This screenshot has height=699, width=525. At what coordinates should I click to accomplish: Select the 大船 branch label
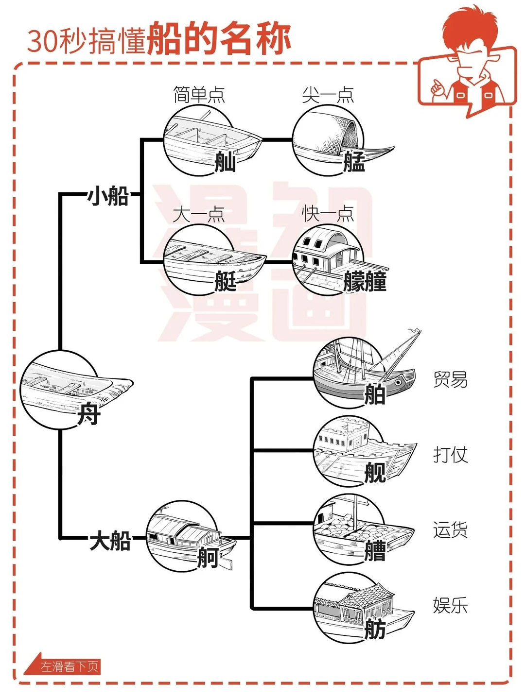click(110, 540)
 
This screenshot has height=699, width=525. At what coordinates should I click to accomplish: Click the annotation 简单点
click(199, 95)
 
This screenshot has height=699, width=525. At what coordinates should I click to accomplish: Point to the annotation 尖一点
click(328, 95)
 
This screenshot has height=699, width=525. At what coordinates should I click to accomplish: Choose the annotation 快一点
click(328, 214)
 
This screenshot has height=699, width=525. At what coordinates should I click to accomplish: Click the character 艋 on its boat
click(354, 162)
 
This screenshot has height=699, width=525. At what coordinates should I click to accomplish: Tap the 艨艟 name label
click(365, 282)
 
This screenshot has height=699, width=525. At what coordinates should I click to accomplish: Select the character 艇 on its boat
click(226, 281)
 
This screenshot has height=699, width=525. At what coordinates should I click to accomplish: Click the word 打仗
click(450, 455)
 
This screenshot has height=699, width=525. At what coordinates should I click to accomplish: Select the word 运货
click(450, 530)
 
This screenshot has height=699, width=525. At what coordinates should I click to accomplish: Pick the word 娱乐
click(450, 605)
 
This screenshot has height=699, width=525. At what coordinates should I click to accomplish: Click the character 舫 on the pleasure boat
click(375, 630)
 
